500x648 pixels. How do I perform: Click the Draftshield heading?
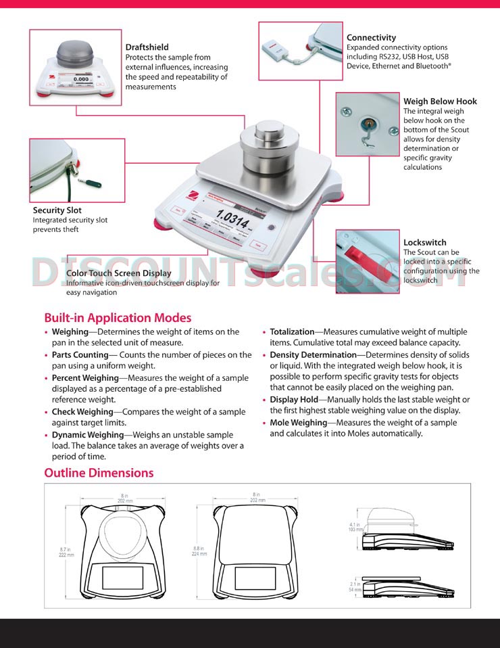click(147, 47)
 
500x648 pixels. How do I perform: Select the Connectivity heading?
click(371, 38)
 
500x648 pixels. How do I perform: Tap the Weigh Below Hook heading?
click(440, 101)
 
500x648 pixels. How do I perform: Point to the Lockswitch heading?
click(424, 242)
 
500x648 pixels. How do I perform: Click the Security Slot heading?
click(57, 210)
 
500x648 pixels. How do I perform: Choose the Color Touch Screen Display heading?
click(119, 273)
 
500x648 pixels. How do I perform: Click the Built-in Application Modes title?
click(118, 317)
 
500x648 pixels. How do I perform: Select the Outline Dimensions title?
click(99, 473)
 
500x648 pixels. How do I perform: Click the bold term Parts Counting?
click(80, 355)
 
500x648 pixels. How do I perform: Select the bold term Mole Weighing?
click(299, 423)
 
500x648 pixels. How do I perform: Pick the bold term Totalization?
click(292, 332)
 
